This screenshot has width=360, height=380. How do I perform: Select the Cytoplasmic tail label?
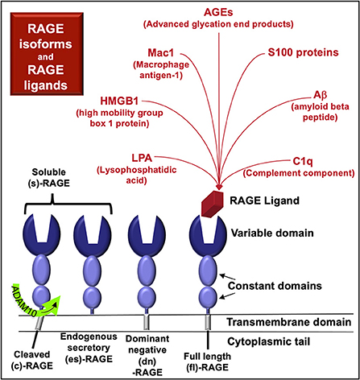point(304,341)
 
